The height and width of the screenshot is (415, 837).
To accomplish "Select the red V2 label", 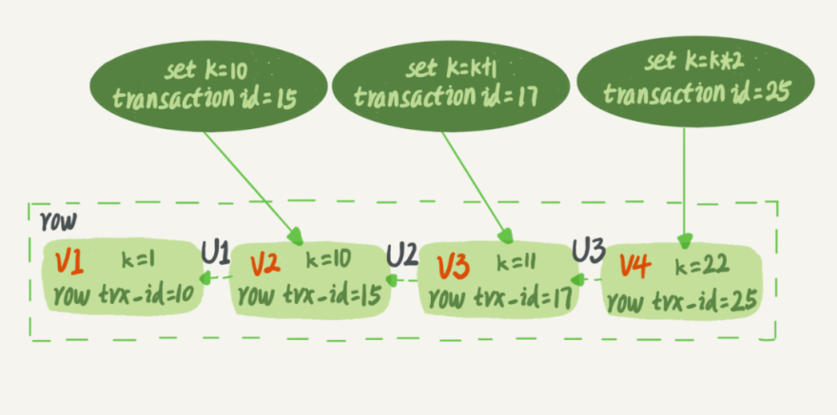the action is (264, 262).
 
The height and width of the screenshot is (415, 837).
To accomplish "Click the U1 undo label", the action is (214, 252).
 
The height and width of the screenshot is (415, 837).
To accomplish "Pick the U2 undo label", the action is (402, 255).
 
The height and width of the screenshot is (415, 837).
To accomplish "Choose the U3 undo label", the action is (588, 252).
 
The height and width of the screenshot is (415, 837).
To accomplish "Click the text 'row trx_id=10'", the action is (124, 293).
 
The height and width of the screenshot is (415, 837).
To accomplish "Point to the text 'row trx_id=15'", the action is (309, 296).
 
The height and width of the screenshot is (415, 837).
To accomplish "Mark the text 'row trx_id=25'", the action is (681, 302).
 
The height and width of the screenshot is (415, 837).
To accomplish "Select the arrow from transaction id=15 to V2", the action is (251, 186).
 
